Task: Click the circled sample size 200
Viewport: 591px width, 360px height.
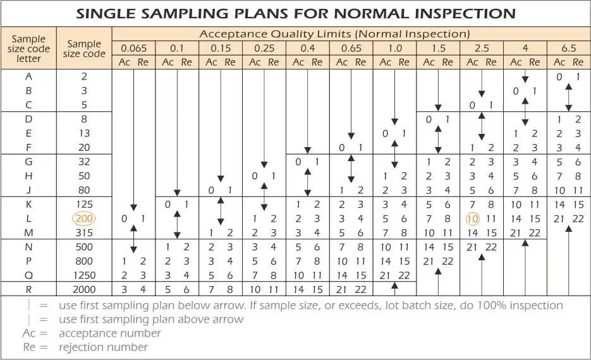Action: coord(84,219)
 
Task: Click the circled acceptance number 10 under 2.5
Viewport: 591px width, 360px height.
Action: coord(473,219)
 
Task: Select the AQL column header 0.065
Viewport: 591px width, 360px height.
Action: coord(133,48)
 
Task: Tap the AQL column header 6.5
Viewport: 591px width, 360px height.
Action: coord(568,48)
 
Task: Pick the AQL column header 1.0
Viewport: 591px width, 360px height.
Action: coord(394,48)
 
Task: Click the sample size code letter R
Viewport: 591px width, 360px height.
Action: coord(28,289)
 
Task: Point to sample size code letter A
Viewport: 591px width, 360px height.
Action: coord(28,76)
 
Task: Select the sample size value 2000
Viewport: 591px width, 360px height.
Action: coord(84,289)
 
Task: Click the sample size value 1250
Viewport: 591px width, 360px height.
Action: coord(84,275)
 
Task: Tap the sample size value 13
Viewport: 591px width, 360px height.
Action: coord(84,133)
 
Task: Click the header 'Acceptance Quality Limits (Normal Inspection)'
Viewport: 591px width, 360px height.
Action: coord(334,33)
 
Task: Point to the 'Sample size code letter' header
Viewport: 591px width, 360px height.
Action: coord(28,49)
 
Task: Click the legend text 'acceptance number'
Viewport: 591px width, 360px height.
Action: coord(110,333)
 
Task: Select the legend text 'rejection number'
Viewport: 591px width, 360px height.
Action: coord(103,347)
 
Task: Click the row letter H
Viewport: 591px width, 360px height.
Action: coord(28,176)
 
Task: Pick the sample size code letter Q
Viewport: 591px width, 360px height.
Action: coord(28,275)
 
